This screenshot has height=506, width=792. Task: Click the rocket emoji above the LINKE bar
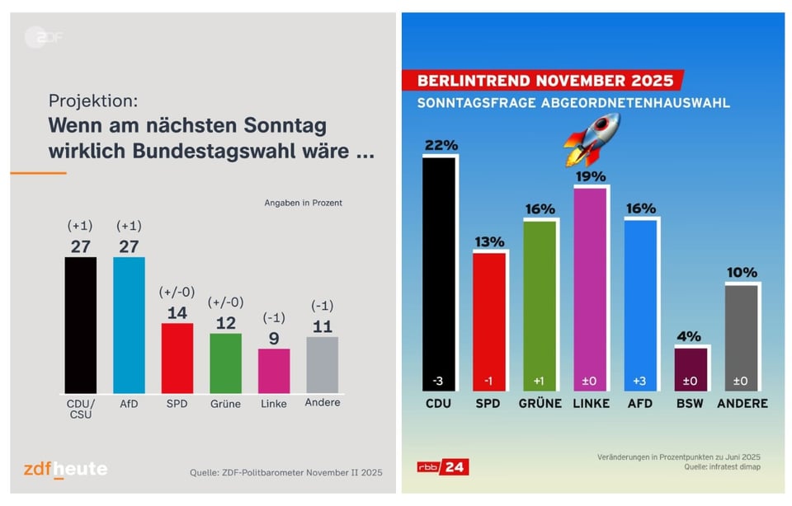coord(592,139)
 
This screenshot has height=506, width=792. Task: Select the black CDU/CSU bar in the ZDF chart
coord(81,325)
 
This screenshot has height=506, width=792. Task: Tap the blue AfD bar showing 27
coord(129,325)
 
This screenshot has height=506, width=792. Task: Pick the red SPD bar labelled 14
coord(177,358)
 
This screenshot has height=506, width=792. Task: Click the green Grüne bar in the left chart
coord(225,363)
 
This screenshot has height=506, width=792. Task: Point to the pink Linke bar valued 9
coord(274,370)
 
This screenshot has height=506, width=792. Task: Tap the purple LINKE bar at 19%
coord(591,288)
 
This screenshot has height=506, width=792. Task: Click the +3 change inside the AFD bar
coord(640,382)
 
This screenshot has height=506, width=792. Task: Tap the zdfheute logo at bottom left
coord(64,469)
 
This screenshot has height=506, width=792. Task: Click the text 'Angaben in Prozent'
coord(303,202)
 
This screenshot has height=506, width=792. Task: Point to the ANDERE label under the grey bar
coord(742,404)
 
